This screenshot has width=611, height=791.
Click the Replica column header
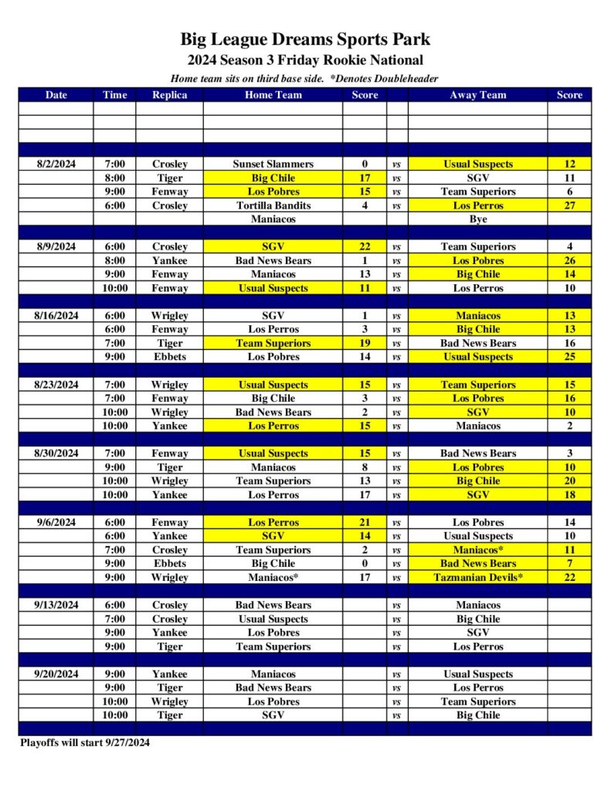click(x=169, y=95)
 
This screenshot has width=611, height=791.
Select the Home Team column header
click(x=273, y=95)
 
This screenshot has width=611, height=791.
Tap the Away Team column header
click(x=478, y=95)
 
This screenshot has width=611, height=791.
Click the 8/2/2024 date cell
click(x=56, y=164)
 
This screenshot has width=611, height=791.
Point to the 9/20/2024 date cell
click(x=56, y=674)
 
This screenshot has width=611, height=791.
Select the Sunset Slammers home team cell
click(x=273, y=164)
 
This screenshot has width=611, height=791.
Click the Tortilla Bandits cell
click(x=273, y=205)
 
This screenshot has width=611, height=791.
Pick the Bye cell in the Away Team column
click(x=478, y=219)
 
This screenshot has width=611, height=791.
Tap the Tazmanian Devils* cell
click(x=478, y=577)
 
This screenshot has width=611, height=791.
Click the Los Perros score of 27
click(x=569, y=205)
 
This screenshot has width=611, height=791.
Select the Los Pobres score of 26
click(x=569, y=260)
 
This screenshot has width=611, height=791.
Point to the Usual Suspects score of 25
click(x=569, y=357)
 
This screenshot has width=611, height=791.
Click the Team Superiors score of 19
click(x=365, y=343)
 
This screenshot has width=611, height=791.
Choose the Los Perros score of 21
click(x=365, y=522)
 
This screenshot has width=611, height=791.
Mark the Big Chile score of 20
click(x=569, y=480)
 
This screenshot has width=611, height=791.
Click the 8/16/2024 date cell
click(x=56, y=315)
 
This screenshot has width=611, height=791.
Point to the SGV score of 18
click(x=569, y=494)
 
